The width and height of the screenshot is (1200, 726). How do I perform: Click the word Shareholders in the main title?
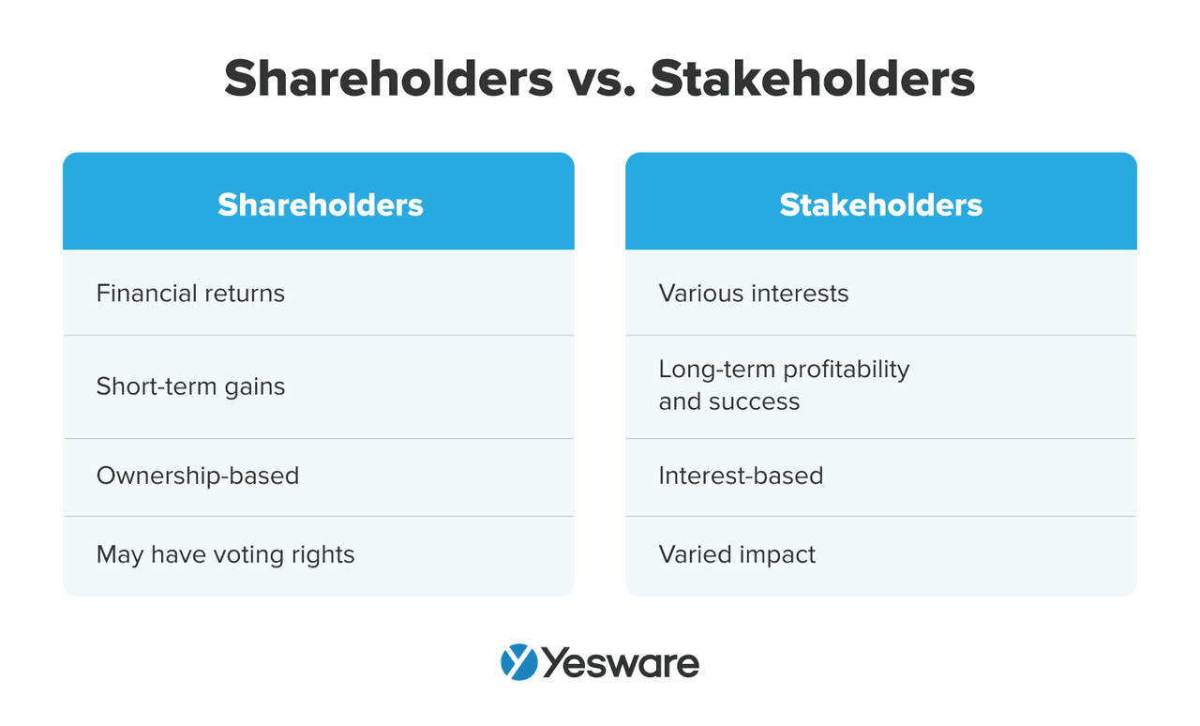388,79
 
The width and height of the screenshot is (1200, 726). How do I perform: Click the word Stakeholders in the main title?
813,79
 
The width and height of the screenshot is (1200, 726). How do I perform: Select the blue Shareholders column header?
320,204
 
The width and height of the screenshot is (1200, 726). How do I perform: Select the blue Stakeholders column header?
880,204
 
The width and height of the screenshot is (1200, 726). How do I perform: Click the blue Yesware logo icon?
518,662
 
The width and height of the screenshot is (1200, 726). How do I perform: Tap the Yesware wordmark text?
621,663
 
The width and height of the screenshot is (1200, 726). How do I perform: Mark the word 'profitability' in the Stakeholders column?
848,370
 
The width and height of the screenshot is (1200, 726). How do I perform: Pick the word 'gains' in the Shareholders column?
255,387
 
